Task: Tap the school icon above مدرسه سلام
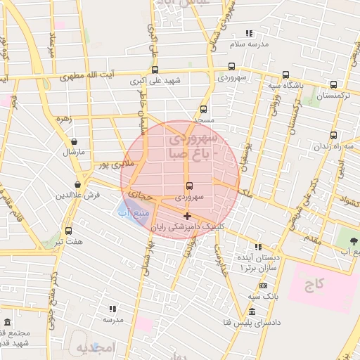pos(248,33)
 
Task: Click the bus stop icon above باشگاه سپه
pos(285,75)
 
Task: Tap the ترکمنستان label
pos(333,94)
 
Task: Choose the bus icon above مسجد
pos(203,109)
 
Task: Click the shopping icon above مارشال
pos(75,141)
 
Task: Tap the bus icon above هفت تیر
pos(67,231)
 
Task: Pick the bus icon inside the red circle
pos(189,186)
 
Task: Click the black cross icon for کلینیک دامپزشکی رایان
pos(186,216)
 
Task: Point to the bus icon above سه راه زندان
pos(333,135)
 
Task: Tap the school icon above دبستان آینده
pos(259,247)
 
